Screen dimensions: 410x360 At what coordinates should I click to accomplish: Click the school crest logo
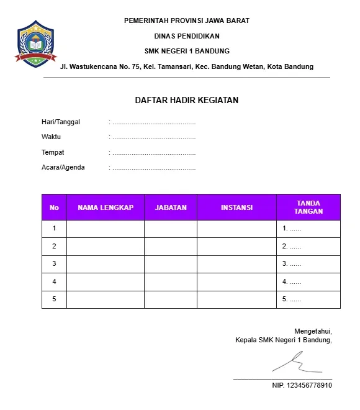pos(36,43)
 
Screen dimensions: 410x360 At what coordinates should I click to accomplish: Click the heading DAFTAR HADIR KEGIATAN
pos(187,100)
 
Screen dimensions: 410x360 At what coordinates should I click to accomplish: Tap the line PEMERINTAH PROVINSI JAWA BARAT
pos(187,20)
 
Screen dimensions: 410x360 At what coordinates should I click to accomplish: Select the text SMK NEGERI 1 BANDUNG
pos(187,51)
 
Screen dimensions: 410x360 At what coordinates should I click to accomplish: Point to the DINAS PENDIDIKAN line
pos(187,36)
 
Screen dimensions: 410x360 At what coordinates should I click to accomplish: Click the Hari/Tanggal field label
pos(61,122)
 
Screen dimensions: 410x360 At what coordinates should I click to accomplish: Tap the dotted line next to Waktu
pos(154,137)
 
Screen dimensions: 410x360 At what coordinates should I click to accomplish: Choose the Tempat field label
pos(53,152)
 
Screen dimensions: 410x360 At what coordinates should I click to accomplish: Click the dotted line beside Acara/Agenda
pos(154,168)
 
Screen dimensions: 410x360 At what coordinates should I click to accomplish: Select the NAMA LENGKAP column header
pos(106,207)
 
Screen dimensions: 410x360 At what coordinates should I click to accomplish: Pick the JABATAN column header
pos(171,207)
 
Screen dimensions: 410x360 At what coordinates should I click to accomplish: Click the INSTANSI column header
pos(236,207)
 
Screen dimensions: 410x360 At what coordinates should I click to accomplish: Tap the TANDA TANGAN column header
pos(308,207)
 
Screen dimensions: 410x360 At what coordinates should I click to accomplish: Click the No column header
pos(54,207)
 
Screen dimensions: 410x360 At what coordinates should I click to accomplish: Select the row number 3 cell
pos(54,264)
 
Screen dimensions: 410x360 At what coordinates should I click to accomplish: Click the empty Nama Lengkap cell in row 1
pos(106,229)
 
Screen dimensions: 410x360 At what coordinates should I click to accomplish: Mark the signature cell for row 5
pos(308,299)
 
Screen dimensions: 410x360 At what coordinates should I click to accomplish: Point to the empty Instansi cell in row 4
pos(236,282)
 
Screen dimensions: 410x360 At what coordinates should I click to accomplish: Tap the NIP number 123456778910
pos(302,386)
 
